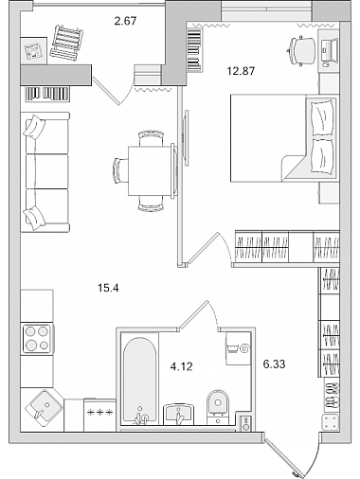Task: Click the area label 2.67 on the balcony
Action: pyautogui.click(x=125, y=21)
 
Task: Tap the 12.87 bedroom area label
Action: pyautogui.click(x=241, y=71)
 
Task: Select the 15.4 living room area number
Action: pyautogui.click(x=108, y=288)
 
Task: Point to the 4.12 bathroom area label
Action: pyautogui.click(x=181, y=366)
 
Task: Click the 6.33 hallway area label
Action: pyautogui.click(x=274, y=364)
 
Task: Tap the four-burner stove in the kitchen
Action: pyautogui.click(x=37, y=339)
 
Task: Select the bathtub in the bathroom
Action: pyautogui.click(x=140, y=381)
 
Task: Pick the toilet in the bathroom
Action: pyautogui.click(x=218, y=406)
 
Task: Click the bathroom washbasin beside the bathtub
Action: pyautogui.click(x=179, y=415)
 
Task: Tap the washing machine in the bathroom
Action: pyautogui.click(x=239, y=348)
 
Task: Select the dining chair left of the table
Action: pyautogui.click(x=120, y=170)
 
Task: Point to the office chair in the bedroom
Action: pyautogui.click(x=302, y=50)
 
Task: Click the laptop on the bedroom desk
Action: pyautogui.click(x=330, y=50)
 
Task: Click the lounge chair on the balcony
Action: pyautogui.click(x=66, y=43)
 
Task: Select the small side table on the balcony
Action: pyautogui.click(x=33, y=51)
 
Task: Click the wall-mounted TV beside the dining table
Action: pyautogui.click(x=187, y=137)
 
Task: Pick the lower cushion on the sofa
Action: pyautogui.click(x=34, y=218)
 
